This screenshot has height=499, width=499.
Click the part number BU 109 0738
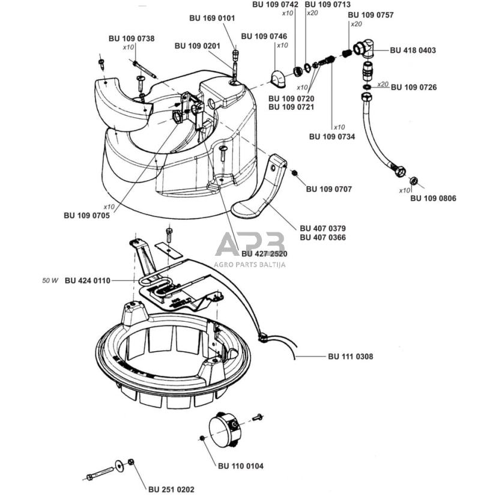click(132, 38)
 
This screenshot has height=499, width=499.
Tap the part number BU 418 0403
click(413, 50)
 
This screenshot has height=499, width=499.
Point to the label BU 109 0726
click(414, 88)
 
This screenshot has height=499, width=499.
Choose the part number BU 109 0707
click(328, 189)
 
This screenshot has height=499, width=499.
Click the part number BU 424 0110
click(87, 280)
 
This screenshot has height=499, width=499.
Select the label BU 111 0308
click(351, 357)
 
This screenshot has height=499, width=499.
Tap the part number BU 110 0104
click(240, 466)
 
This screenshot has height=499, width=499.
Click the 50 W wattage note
click(50, 280)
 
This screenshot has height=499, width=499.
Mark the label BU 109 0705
click(86, 216)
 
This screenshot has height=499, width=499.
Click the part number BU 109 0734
click(331, 136)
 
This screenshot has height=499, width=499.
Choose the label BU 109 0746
click(264, 36)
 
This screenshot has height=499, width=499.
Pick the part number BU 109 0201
click(198, 46)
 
